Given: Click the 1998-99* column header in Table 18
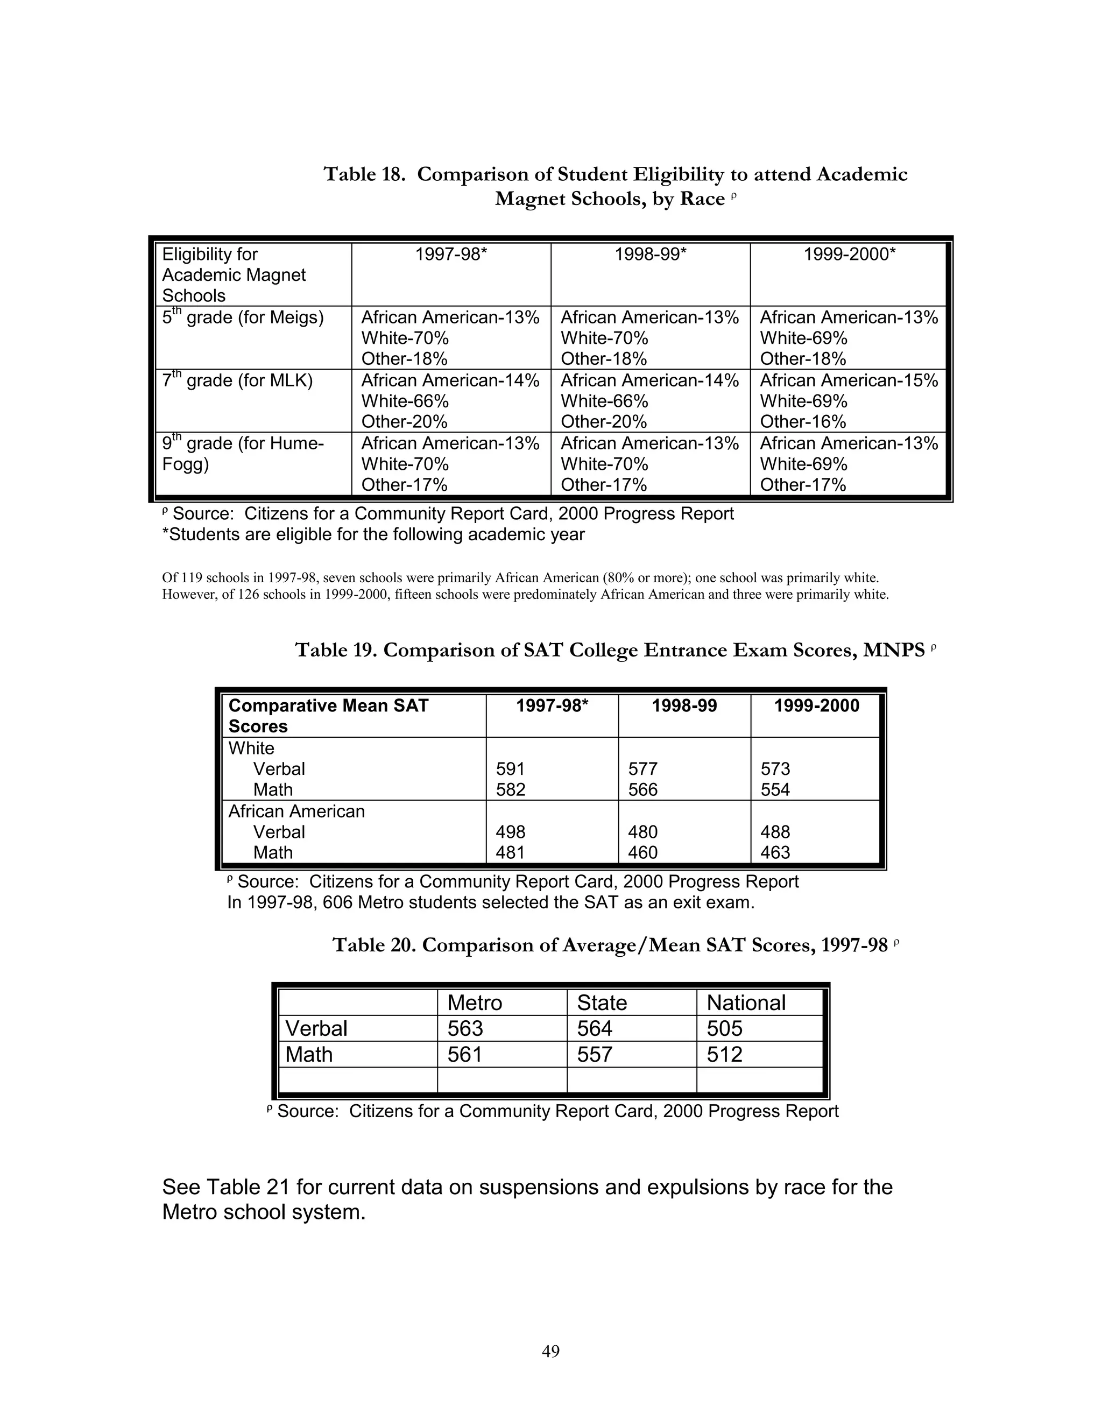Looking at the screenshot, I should (650, 254).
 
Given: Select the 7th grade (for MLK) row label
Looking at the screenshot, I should (238, 380).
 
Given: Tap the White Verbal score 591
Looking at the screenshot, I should (510, 768).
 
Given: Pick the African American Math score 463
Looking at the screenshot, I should (775, 852).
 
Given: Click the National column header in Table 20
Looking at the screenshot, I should (746, 1003).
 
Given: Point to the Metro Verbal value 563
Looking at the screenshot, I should (465, 1028).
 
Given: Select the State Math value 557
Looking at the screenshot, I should (594, 1054).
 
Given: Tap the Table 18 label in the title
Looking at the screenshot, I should (365, 174).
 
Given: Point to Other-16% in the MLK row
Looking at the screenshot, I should (802, 422).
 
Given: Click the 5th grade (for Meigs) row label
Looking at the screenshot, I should (243, 317).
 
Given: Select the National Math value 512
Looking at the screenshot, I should (724, 1054).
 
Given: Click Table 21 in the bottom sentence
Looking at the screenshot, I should (248, 1187).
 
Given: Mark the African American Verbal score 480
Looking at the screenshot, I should (642, 832).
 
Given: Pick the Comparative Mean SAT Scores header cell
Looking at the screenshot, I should (328, 716).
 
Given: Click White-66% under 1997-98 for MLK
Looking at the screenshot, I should (405, 401).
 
